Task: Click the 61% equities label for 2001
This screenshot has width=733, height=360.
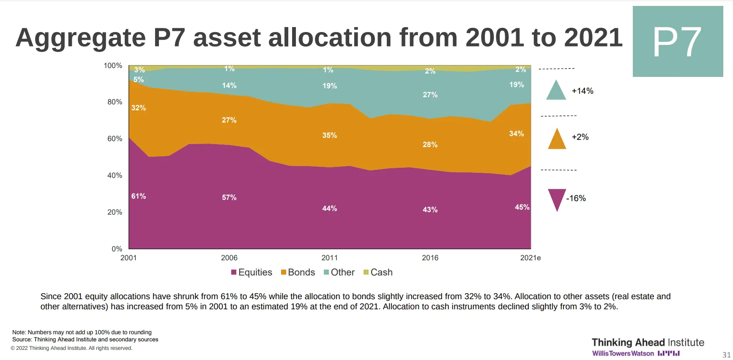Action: point(139,196)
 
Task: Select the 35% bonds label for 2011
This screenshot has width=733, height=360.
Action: point(329,135)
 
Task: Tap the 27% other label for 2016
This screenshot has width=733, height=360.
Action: point(430,95)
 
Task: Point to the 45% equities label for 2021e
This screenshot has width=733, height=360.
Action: point(522,207)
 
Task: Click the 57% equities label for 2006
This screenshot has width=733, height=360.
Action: point(229,197)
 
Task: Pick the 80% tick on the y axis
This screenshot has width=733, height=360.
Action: point(115,102)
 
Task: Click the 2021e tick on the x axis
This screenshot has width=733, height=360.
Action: point(530,258)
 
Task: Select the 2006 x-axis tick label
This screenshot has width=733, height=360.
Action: point(229,258)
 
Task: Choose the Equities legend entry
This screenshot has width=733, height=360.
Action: point(252,272)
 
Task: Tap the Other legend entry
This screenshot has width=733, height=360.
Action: point(339,272)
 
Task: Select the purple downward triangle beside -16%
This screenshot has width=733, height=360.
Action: point(557,199)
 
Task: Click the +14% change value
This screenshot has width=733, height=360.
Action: point(583,91)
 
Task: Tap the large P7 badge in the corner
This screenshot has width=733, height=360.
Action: point(678,41)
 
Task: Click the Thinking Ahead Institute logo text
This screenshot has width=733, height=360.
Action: point(648,342)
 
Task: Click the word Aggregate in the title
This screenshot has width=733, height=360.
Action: point(80,38)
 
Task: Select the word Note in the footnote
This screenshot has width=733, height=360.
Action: point(19,333)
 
